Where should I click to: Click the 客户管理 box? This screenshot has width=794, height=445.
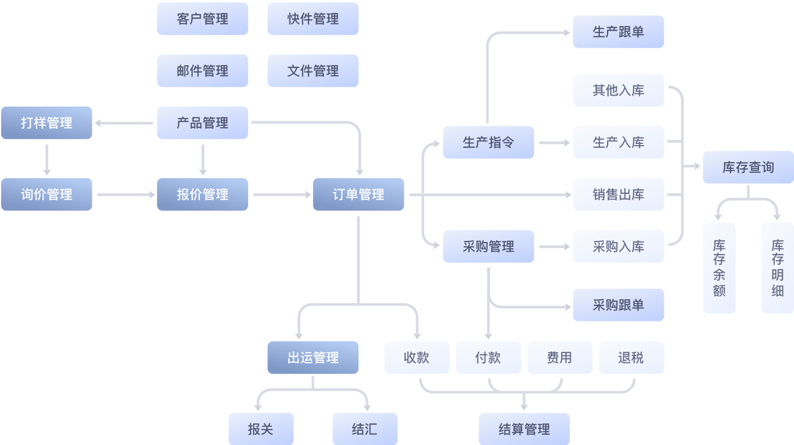tap(202, 19)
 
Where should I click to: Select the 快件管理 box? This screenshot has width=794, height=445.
tap(313, 19)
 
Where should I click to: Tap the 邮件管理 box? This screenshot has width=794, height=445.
tap(202, 71)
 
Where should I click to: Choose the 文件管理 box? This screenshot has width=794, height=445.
tap(313, 71)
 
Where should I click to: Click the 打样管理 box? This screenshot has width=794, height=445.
tap(46, 123)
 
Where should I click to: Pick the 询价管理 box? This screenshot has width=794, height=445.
tap(46, 194)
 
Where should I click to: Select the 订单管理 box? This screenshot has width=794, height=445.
tap(358, 194)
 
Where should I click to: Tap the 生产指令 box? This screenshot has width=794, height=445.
tap(488, 142)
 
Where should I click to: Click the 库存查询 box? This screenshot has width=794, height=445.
tap(748, 167)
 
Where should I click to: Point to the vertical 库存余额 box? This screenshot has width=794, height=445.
tap(719, 268)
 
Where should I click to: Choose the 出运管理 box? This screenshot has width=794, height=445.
tap(313, 358)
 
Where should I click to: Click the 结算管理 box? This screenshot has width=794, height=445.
tap(524, 429)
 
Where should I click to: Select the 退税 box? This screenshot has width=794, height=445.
tap(631, 358)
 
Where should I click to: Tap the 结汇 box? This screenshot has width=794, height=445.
tap(364, 429)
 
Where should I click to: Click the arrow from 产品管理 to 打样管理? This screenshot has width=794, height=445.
tap(124, 123)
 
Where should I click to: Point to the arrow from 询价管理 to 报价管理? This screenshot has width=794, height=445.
tap(126, 194)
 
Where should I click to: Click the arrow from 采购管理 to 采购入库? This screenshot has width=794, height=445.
tap(554, 247)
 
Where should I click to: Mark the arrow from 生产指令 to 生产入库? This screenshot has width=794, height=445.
tap(554, 143)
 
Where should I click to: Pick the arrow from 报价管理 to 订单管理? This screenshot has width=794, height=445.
tap(281, 194)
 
